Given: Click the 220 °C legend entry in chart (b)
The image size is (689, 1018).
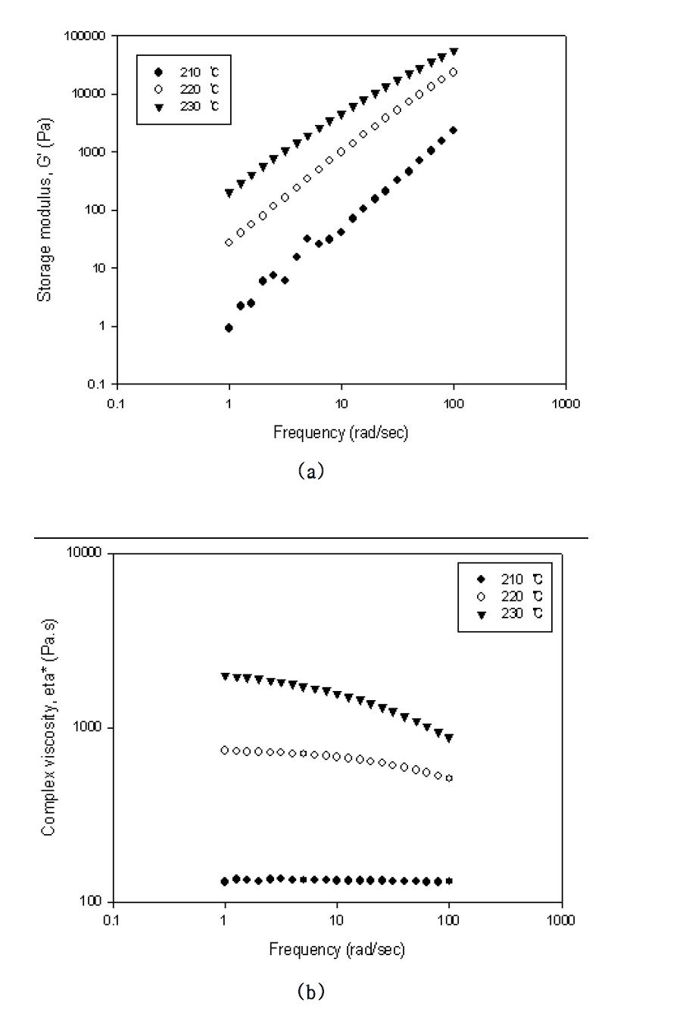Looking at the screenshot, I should click(507, 596).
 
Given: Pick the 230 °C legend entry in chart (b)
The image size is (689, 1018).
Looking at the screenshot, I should click(507, 613).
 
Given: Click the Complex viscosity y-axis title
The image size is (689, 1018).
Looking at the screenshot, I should click(48, 727).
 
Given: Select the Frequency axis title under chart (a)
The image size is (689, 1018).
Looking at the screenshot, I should click(341, 432).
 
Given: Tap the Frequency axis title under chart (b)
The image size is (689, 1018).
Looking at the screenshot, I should click(337, 949).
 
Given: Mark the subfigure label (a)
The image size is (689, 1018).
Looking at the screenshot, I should click(311, 472).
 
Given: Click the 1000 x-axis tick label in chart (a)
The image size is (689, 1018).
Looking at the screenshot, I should click(566, 403).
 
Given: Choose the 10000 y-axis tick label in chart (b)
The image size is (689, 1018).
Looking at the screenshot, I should click(85, 553).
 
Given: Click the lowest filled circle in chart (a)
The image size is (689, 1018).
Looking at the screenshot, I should click(229, 328).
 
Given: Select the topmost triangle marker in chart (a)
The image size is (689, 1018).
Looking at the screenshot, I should click(454, 51).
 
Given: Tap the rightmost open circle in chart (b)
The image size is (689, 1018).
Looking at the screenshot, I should click(449, 778).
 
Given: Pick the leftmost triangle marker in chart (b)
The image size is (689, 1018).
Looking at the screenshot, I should click(225, 677).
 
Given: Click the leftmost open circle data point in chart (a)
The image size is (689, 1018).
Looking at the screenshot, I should click(229, 242).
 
